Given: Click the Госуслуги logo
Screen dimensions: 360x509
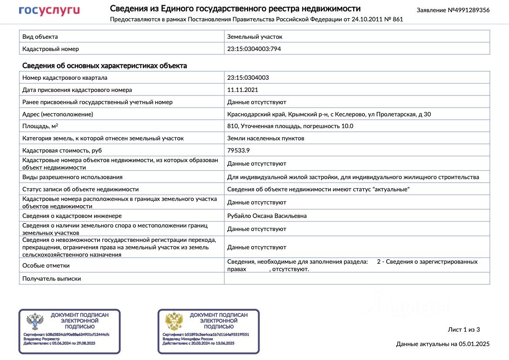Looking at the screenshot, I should click(49, 11).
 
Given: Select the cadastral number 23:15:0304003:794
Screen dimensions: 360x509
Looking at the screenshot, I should click(254, 49).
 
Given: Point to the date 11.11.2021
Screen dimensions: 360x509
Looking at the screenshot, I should click(243, 90).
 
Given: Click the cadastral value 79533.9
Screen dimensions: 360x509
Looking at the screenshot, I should click(239, 150).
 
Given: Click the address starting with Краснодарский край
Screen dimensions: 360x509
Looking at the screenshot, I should click(329, 114).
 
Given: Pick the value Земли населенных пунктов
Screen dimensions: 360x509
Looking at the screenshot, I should click(266, 138).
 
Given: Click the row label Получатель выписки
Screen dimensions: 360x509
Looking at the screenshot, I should click(51, 278).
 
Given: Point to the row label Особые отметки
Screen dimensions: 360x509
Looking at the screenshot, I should click(46, 265).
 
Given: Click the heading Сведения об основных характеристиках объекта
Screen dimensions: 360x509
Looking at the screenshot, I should click(104, 66).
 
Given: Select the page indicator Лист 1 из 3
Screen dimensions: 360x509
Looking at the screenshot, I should click(464, 329).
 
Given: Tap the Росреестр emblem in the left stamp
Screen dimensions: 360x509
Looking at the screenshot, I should click(35, 322).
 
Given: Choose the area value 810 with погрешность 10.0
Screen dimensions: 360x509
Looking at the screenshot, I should click(290, 126).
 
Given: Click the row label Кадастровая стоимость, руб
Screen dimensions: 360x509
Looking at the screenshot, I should click(62, 150).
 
